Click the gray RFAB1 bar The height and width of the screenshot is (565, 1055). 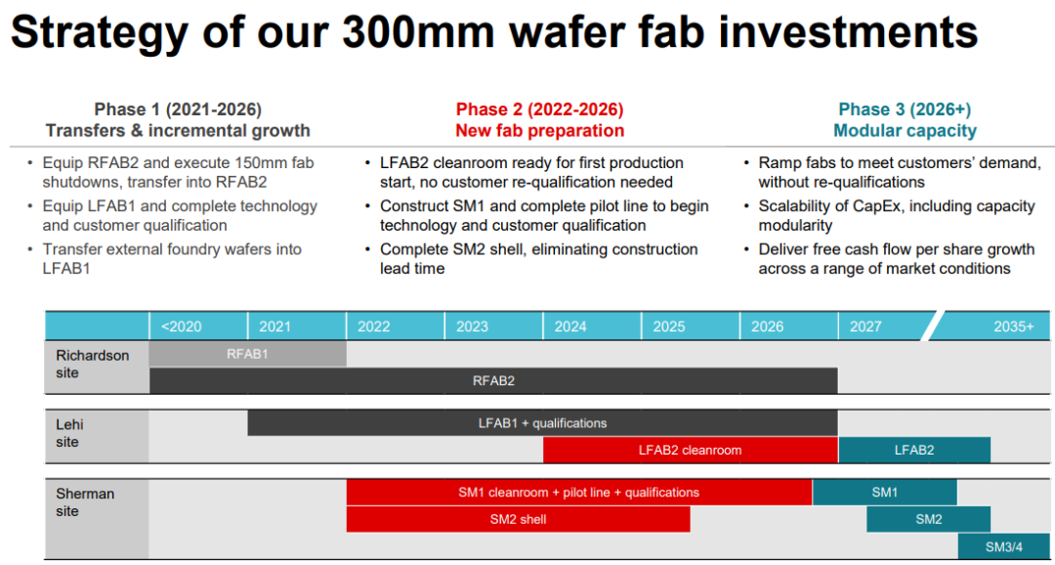pyautogui.click(x=247, y=354)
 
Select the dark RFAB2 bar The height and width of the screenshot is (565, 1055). pyautogui.click(x=494, y=380)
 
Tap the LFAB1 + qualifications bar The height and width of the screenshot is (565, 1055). pyautogui.click(x=543, y=423)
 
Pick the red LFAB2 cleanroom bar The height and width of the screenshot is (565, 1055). pyautogui.click(x=691, y=450)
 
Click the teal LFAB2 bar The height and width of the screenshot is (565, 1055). pyautogui.click(x=914, y=450)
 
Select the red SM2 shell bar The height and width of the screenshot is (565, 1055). pyautogui.click(x=518, y=519)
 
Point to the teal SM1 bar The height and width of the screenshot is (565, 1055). pyautogui.click(x=885, y=493)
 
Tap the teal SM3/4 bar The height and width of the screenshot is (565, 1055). pyautogui.click(x=1006, y=546)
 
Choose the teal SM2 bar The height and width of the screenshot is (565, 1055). pyautogui.click(x=929, y=519)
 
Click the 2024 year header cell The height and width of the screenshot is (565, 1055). pyautogui.click(x=592, y=326)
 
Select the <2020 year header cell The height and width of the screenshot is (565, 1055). pyautogui.click(x=198, y=326)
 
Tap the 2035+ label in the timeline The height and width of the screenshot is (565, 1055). pyautogui.click(x=1013, y=326)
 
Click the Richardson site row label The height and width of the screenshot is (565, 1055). pyautogui.click(x=92, y=364)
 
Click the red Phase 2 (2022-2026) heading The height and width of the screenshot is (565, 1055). pyautogui.click(x=539, y=109)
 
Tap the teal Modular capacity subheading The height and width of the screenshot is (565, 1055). pyautogui.click(x=905, y=131)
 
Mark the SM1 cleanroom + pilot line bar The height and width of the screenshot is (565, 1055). pyautogui.click(x=579, y=493)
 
